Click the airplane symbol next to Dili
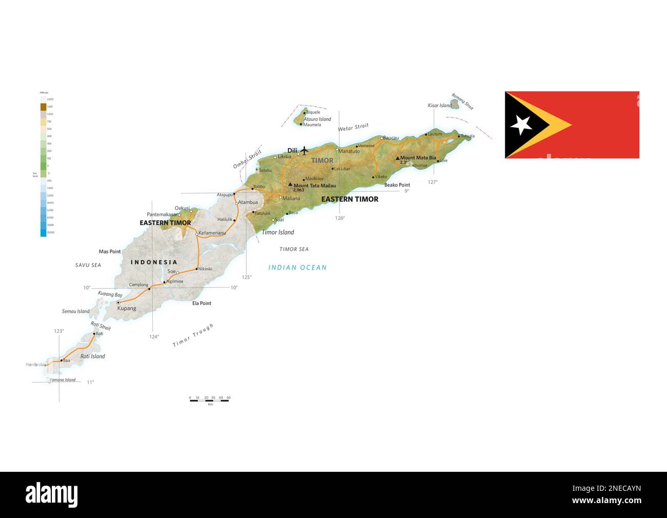(x=304, y=150)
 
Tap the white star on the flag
(x=522, y=125)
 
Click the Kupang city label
(x=127, y=309)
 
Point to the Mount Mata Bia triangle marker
(x=397, y=158)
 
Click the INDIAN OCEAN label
(x=298, y=267)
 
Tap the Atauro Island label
(x=317, y=119)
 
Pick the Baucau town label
(x=391, y=138)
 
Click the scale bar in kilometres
(x=209, y=400)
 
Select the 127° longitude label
(x=433, y=182)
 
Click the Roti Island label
(x=92, y=356)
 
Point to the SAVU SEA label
(x=88, y=265)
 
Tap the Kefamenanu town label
(x=212, y=233)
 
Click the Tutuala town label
(x=467, y=136)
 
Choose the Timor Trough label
(x=193, y=336)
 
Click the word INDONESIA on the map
(x=154, y=262)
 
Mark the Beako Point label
(x=397, y=185)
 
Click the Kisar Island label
(x=440, y=106)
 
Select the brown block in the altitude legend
(x=43, y=107)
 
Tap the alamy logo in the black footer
(x=52, y=494)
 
